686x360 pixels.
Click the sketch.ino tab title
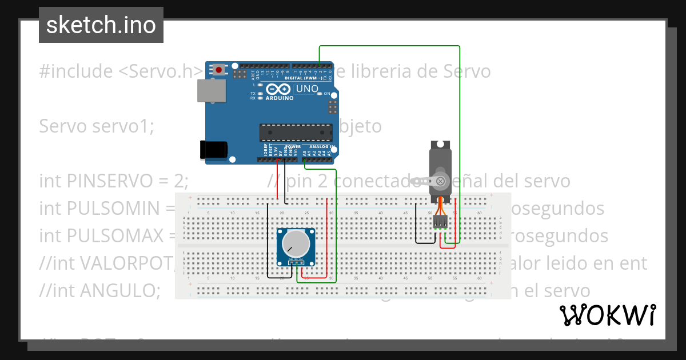101,25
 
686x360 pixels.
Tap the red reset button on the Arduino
218,70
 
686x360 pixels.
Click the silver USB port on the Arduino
211,90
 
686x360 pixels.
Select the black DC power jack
213,149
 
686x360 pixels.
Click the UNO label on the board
307,89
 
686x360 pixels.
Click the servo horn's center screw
440,182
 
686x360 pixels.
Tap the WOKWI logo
607,315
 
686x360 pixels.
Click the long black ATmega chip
296,132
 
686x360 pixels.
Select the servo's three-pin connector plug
440,221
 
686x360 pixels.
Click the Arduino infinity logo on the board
280,90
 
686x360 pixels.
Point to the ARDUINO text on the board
280,98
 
